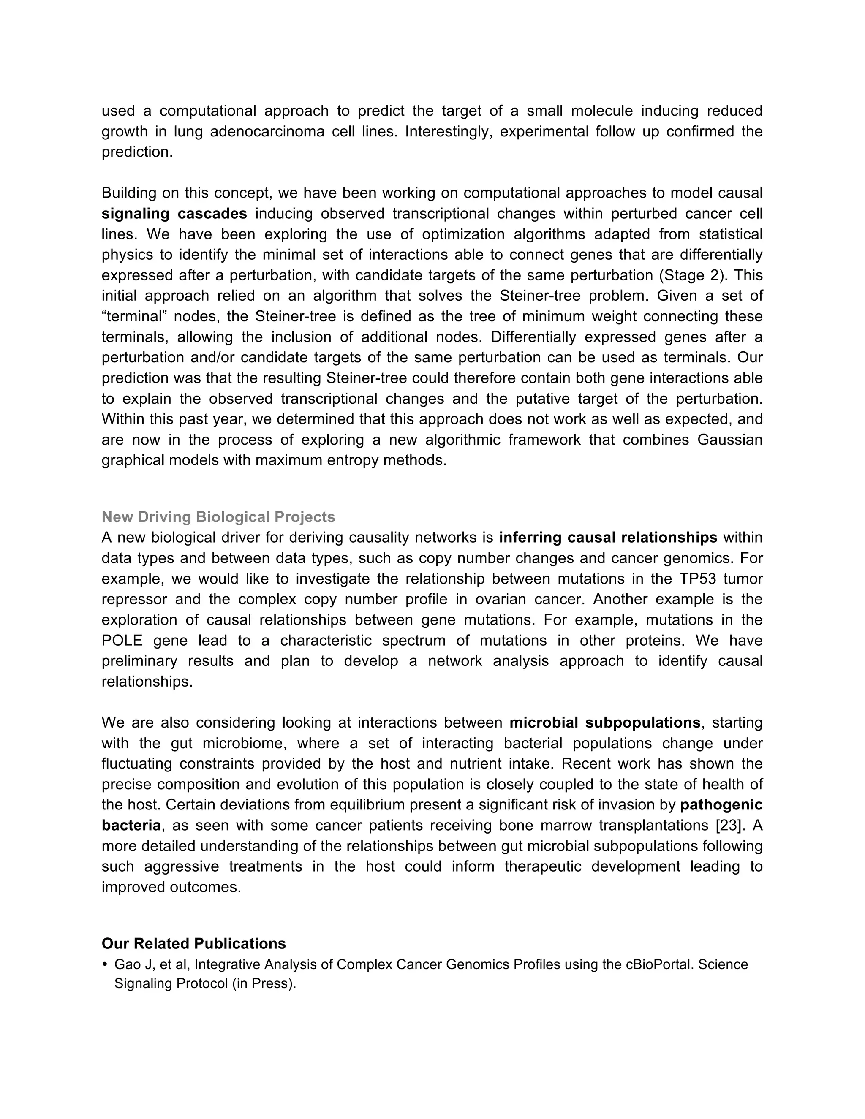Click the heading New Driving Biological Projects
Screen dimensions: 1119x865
click(218, 517)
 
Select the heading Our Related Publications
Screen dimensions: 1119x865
click(194, 944)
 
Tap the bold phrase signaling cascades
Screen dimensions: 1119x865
click(174, 214)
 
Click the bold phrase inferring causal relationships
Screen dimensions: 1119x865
click(608, 538)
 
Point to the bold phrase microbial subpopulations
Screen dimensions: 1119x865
click(605, 723)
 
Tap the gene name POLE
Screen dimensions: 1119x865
click(122, 641)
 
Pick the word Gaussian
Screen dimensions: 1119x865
click(730, 440)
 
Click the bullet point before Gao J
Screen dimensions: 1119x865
click(105, 965)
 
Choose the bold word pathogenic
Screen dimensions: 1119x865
click(721, 805)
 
